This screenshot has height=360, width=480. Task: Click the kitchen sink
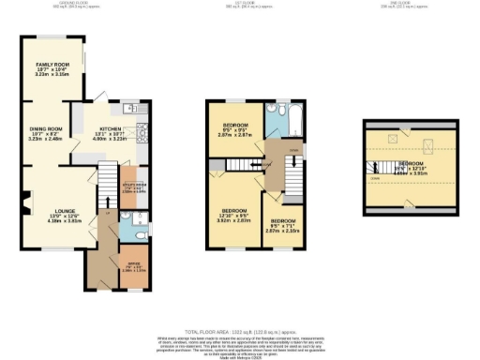pyautogui.click(x=135, y=111)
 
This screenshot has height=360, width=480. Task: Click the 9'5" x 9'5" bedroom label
pyautogui.click(x=236, y=129)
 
